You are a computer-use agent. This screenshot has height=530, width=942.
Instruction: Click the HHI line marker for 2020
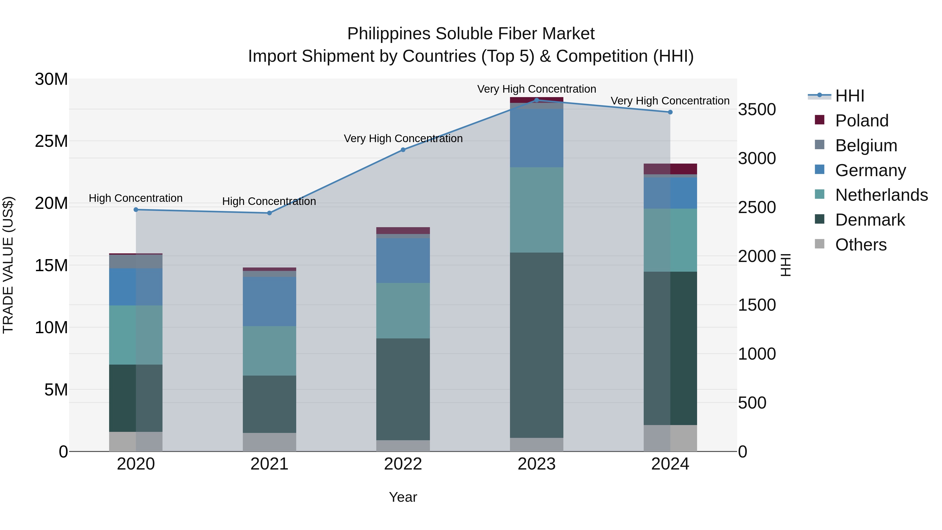coord(136,210)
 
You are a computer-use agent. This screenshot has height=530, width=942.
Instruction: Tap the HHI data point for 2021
coord(270,213)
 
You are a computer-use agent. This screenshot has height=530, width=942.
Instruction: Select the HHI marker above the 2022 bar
coord(403,150)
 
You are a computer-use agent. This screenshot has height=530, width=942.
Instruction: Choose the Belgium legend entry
coord(866,146)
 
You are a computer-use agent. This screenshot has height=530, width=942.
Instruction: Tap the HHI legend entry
coord(849,96)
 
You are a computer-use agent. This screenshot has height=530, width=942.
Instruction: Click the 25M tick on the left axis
coord(51,141)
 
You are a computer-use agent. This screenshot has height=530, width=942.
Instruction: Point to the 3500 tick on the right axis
coord(756,109)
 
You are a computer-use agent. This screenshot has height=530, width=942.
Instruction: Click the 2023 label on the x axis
coord(536,464)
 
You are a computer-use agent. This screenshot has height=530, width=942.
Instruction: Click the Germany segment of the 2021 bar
coord(270,302)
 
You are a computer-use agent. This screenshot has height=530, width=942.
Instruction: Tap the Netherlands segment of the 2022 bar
coord(403,310)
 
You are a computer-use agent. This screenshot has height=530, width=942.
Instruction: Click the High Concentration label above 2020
coord(136,198)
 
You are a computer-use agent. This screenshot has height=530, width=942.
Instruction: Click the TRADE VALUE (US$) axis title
coord(8,265)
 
